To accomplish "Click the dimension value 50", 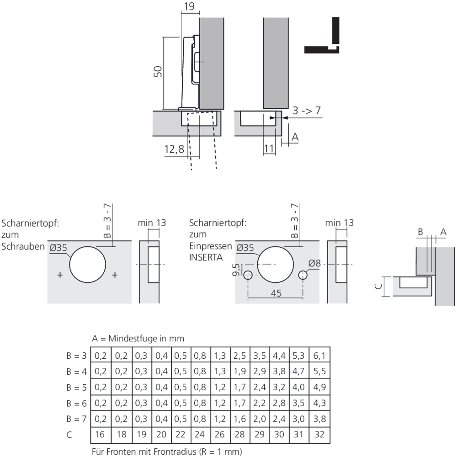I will click(157, 73).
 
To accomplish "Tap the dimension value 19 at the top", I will click(191, 6).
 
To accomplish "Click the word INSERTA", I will click(206, 257).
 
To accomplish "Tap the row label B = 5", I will click(76, 387).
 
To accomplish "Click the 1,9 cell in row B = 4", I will click(239, 371).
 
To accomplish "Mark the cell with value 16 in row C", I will click(101, 434).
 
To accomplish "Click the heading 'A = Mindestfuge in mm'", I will click(138, 339).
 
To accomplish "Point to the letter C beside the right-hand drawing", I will click(377, 286).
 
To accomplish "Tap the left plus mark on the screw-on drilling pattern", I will click(59, 275).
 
